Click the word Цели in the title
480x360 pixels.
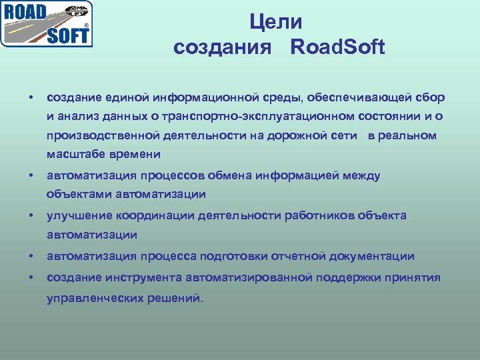click(x=276, y=22)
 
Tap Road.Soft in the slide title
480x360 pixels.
click(x=338, y=47)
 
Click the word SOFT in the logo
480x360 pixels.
click(x=67, y=35)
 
